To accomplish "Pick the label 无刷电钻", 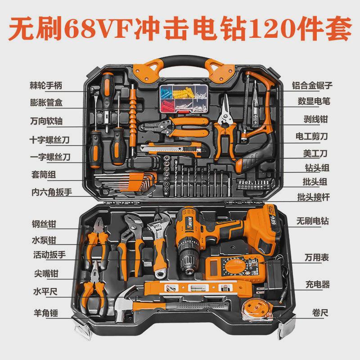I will (x=312, y=221).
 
